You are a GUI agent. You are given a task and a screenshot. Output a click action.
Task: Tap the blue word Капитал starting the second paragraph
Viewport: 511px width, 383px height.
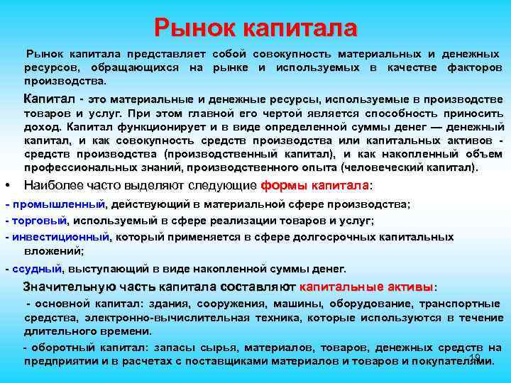click(x=48, y=99)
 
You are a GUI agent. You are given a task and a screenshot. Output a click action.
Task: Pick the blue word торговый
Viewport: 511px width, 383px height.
click(x=38, y=221)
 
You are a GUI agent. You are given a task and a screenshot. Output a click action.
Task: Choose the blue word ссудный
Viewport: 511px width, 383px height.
click(x=36, y=269)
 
